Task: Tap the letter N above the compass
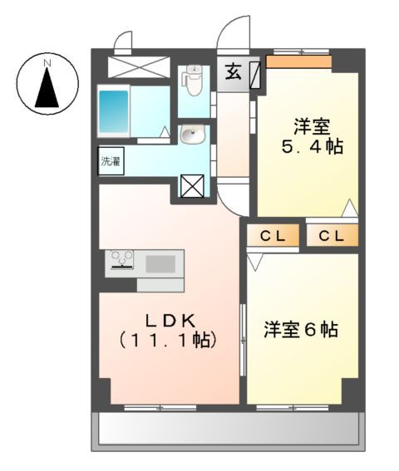coord(47,62)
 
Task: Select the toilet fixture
coord(192,81)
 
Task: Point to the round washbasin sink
coord(193,135)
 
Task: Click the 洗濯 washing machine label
coord(111,161)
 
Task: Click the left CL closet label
coord(273,236)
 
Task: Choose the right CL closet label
coord(332,236)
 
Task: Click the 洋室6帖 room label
coord(301,329)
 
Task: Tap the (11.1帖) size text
coord(168,340)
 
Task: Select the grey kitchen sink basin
coord(161,264)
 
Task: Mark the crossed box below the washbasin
coord(191,187)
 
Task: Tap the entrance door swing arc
coord(228,37)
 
